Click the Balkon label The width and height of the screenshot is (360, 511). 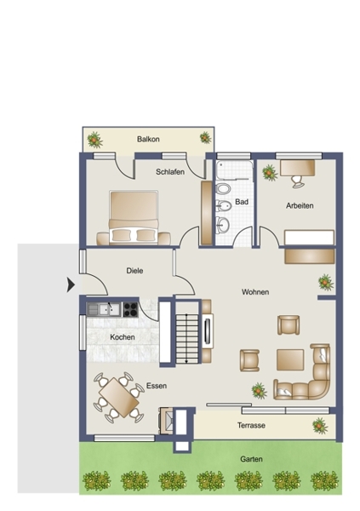click(x=148, y=139)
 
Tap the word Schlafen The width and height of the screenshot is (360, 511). click(x=170, y=172)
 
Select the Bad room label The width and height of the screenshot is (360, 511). click(x=242, y=202)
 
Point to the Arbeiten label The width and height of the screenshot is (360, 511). click(x=300, y=205)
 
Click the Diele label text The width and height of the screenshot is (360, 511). click(x=134, y=271)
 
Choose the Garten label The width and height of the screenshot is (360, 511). click(x=251, y=459)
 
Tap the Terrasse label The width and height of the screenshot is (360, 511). click(x=251, y=425)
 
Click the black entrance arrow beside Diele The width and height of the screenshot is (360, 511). click(x=71, y=284)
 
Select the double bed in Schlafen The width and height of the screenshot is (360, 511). click(x=134, y=217)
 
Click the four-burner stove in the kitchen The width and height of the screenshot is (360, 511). click(x=131, y=310)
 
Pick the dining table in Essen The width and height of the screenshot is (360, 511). click(x=119, y=397)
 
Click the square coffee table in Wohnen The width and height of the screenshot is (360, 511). click(x=290, y=359)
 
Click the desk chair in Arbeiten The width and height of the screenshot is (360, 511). click(x=298, y=181)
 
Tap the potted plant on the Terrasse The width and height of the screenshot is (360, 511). click(x=320, y=426)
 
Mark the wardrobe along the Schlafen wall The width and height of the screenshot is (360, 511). click(x=207, y=213)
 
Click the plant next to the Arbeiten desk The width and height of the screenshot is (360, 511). click(x=270, y=173)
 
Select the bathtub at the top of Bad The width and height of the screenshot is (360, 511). click(x=234, y=170)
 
